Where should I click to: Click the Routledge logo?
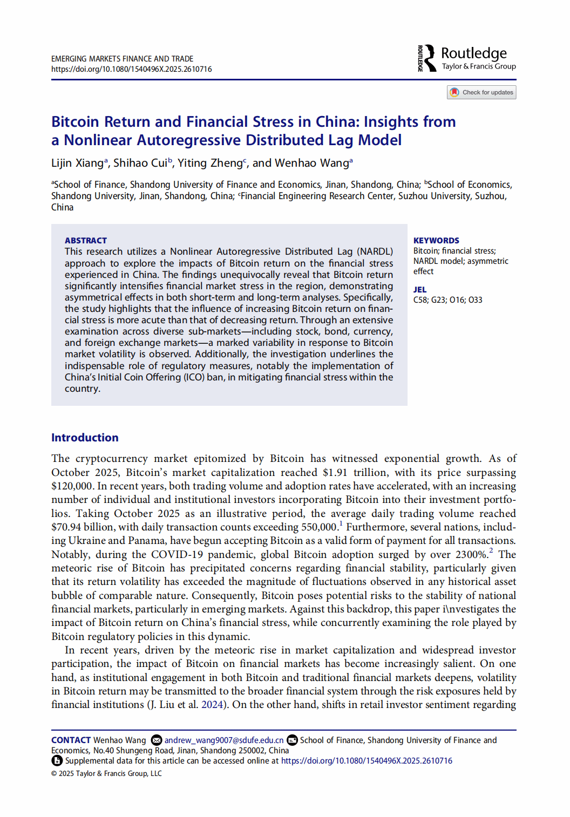click(x=466, y=58)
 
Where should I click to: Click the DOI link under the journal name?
click(x=131, y=69)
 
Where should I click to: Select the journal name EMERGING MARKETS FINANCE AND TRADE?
click(x=122, y=59)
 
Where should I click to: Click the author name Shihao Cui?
click(x=140, y=163)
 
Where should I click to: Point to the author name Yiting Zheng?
click(x=210, y=163)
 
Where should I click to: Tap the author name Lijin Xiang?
click(x=77, y=163)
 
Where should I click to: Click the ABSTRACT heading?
click(x=86, y=241)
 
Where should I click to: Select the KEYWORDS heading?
click(x=436, y=241)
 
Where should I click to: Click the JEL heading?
click(x=420, y=290)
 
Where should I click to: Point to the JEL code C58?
click(x=420, y=300)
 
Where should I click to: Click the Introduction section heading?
click(x=85, y=438)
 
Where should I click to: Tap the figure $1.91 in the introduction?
click(x=335, y=473)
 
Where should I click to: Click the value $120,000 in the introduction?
click(x=72, y=486)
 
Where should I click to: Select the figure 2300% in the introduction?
click(x=471, y=555)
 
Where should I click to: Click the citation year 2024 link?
click(x=212, y=705)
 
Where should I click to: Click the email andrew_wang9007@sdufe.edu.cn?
click(x=223, y=740)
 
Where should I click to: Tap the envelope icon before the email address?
click(x=157, y=740)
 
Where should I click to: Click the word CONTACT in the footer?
click(x=71, y=740)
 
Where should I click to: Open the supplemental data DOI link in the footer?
click(x=367, y=761)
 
